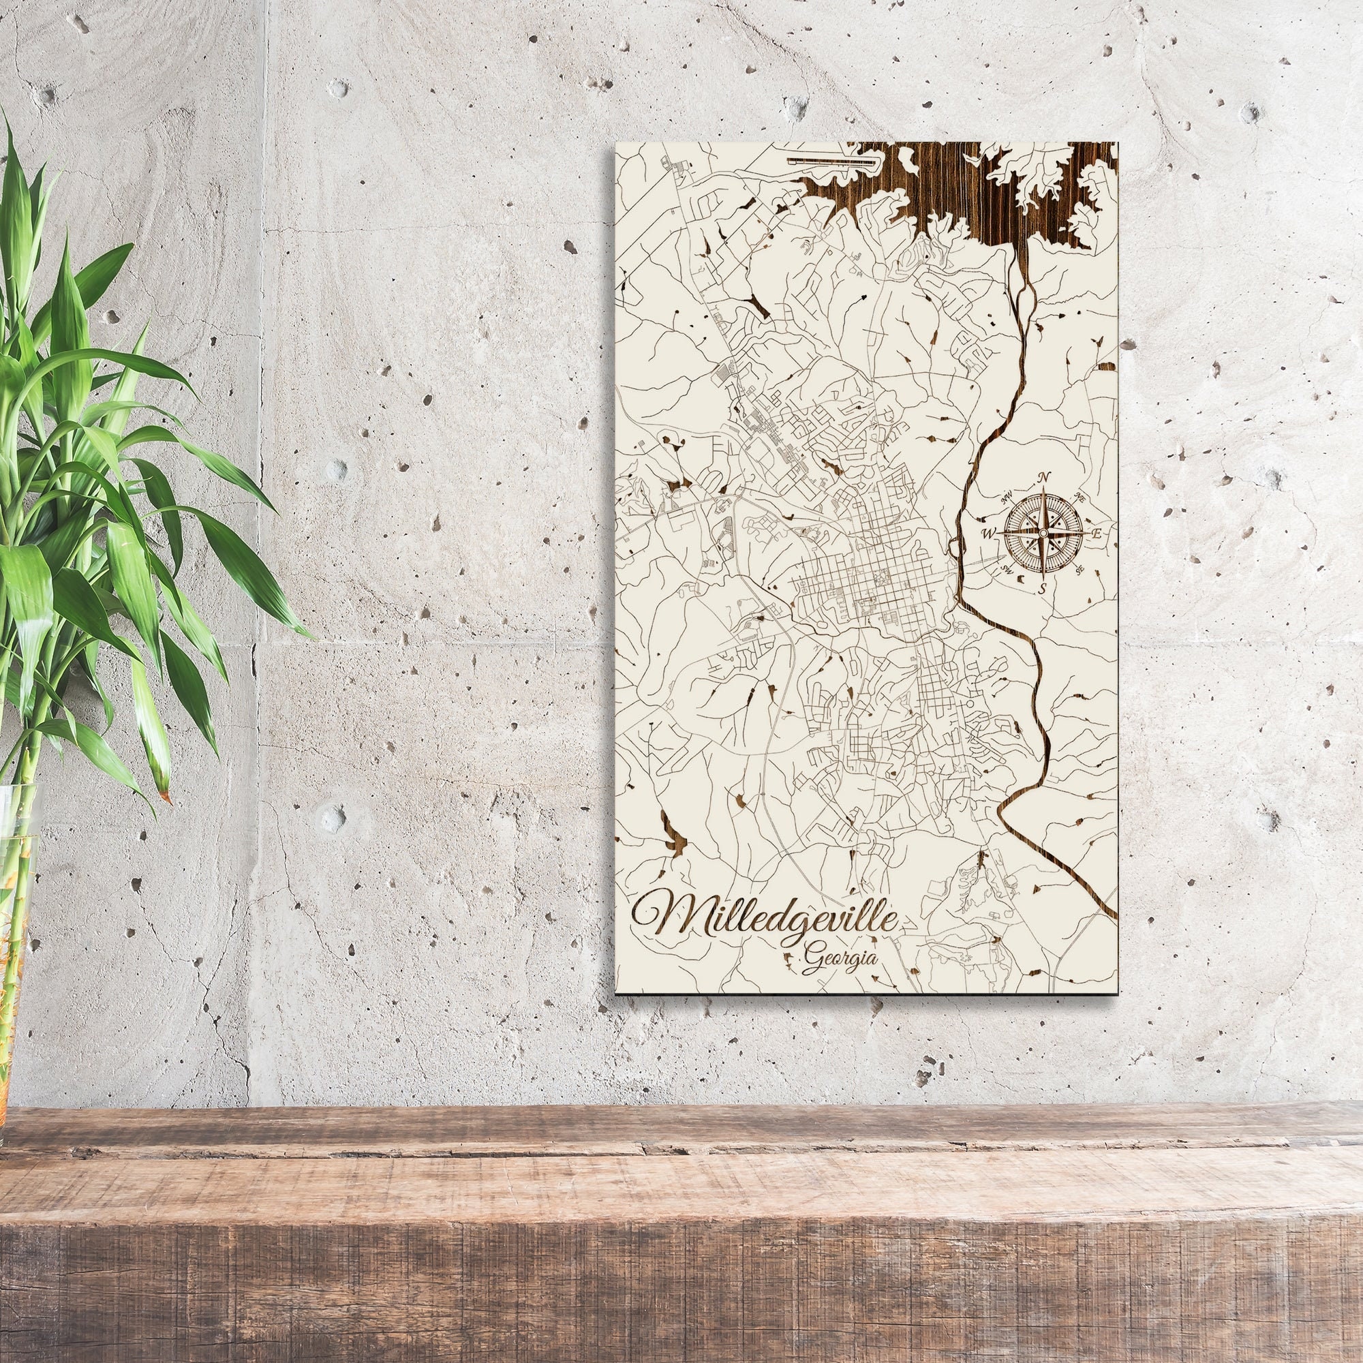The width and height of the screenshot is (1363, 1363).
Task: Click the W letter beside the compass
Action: click(989, 533)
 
